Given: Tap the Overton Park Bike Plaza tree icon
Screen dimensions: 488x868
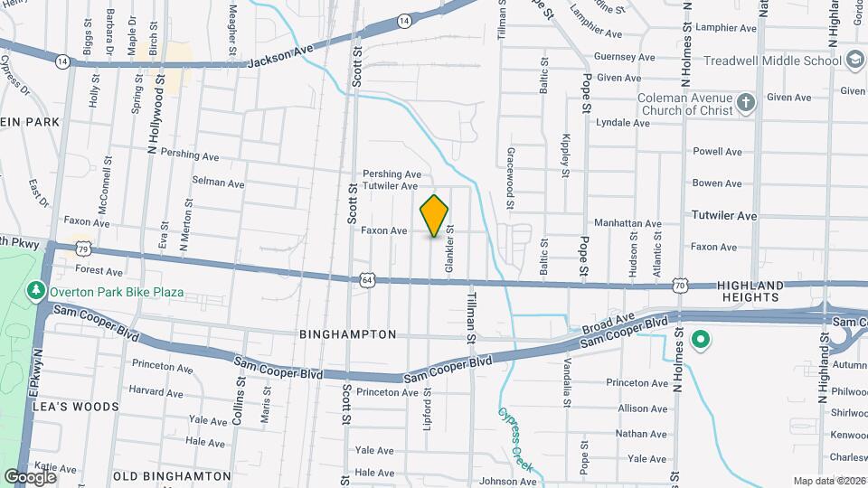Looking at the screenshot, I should [x=36, y=292].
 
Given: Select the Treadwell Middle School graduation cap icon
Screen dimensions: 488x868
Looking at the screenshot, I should [x=854, y=60].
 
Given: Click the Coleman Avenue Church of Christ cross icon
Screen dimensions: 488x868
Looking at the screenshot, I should [x=745, y=101].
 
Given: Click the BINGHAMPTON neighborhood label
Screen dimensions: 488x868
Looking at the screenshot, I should [x=348, y=334].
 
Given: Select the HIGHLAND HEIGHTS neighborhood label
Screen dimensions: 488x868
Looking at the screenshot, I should [x=748, y=291].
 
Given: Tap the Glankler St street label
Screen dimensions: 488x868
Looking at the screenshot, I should [x=448, y=249].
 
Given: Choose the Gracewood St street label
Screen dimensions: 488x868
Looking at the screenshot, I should [x=511, y=179].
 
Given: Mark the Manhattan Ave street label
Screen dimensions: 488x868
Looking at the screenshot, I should [x=627, y=223].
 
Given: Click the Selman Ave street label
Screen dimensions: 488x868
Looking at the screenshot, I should [x=218, y=183].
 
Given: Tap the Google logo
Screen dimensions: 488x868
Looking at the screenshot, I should [x=30, y=476].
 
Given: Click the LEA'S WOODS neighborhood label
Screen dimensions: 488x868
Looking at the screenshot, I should [x=75, y=407].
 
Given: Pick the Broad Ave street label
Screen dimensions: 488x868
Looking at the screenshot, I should [x=609, y=323].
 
